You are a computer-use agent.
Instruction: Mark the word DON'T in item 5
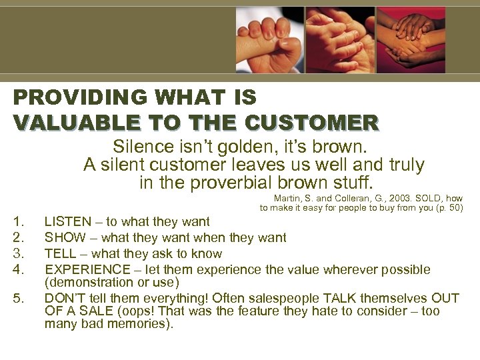pyautogui.click(x=64, y=298)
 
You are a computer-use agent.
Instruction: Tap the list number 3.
pyautogui.click(x=19, y=254)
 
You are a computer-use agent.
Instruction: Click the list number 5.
pyautogui.click(x=19, y=298)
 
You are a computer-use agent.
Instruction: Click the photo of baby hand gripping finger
pyautogui.click(x=269, y=39)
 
